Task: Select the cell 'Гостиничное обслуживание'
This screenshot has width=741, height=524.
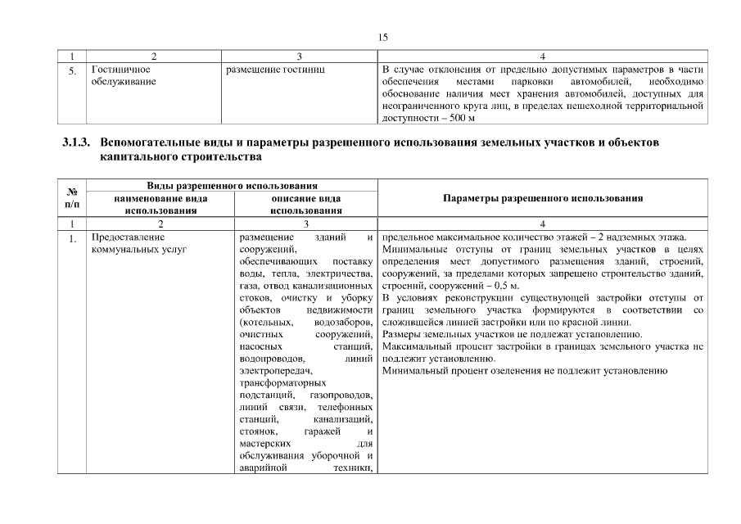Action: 123,76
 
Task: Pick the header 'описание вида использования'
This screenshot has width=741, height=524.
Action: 305,204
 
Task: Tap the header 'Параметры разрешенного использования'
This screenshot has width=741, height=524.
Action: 541,198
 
